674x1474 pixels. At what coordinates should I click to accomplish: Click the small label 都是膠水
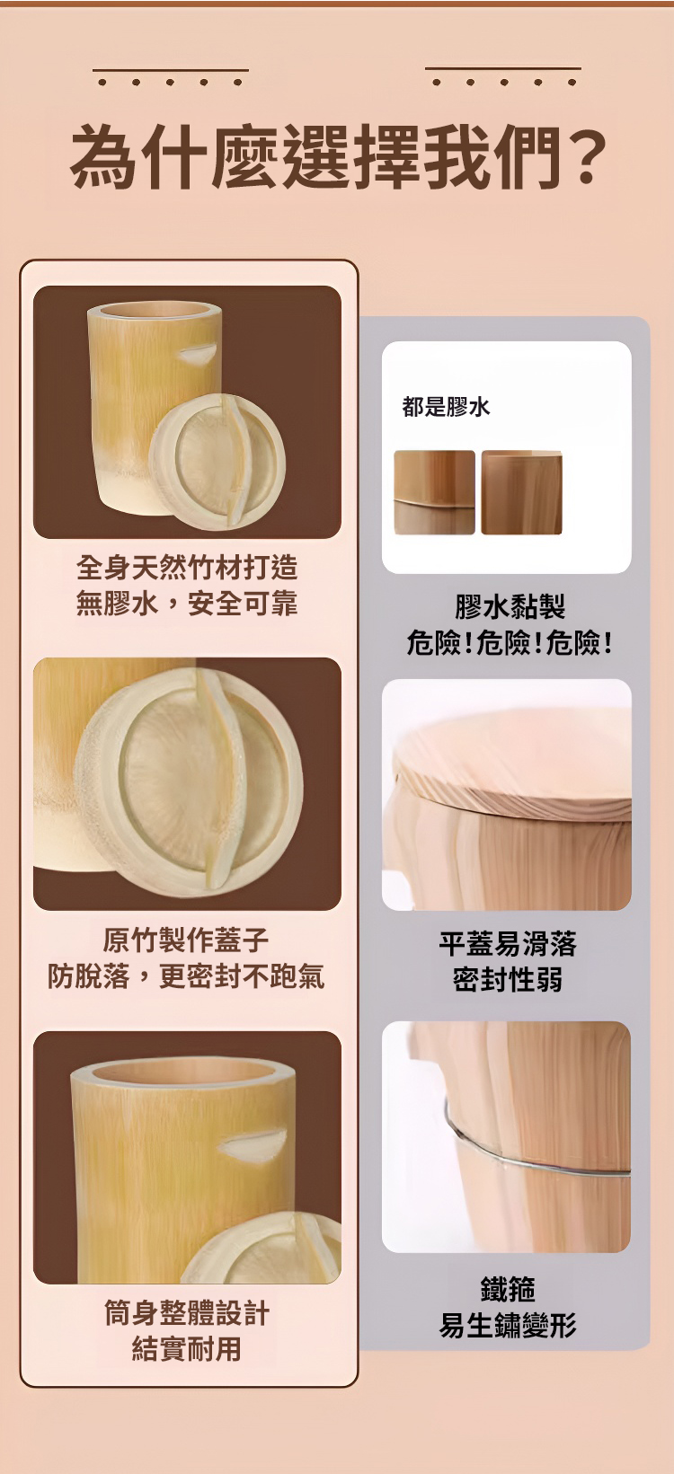[x=446, y=407]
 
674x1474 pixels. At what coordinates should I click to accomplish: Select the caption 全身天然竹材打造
[x=187, y=567]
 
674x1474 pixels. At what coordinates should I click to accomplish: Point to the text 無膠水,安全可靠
[x=187, y=604]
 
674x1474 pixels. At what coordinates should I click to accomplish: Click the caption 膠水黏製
[x=510, y=606]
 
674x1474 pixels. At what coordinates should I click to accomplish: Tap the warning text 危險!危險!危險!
[x=510, y=642]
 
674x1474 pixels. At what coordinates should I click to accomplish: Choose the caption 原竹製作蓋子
[x=186, y=939]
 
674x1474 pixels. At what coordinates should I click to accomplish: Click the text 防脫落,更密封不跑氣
[x=186, y=975]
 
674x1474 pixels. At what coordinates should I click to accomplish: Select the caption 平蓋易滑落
[x=508, y=944]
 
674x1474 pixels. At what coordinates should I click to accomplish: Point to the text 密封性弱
[x=508, y=980]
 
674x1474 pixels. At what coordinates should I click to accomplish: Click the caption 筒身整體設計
[x=187, y=1313]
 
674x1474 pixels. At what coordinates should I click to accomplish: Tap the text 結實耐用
[x=187, y=1349]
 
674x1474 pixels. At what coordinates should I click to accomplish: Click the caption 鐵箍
[x=508, y=1289]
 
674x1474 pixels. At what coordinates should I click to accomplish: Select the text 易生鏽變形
[x=508, y=1325]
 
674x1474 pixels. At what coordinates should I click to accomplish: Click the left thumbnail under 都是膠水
[x=434, y=492]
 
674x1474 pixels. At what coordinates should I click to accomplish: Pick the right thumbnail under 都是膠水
[x=522, y=492]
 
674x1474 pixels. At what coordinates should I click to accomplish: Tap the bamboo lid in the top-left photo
[x=217, y=462]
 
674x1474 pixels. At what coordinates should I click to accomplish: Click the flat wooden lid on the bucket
[x=512, y=766]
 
